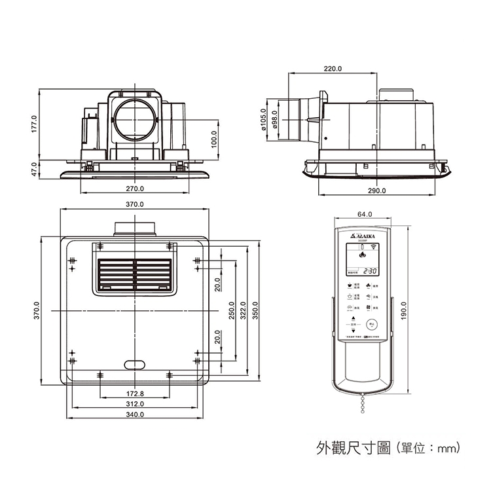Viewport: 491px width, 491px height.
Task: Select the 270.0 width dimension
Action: point(135,189)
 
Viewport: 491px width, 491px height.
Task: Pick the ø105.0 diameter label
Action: point(264,120)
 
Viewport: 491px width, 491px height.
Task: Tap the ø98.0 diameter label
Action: point(275,120)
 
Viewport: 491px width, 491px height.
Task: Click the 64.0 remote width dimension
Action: point(365,215)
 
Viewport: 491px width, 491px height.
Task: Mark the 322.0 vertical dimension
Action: point(243,311)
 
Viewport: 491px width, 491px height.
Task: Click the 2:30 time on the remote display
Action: point(370,270)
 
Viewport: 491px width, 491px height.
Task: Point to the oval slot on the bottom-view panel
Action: point(135,364)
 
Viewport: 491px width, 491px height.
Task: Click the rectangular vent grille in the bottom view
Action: point(135,274)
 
